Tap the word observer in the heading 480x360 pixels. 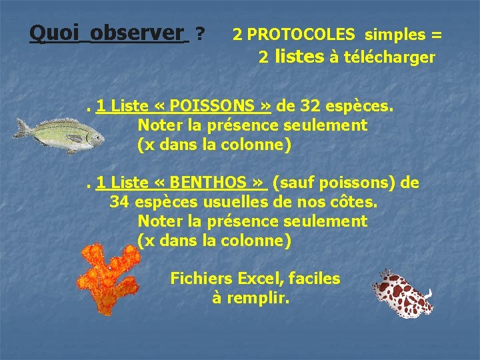pos(137,32)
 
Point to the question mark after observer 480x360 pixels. pos(200,33)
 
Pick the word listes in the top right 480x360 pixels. pos(299,57)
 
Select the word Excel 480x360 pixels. pos(263,279)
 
